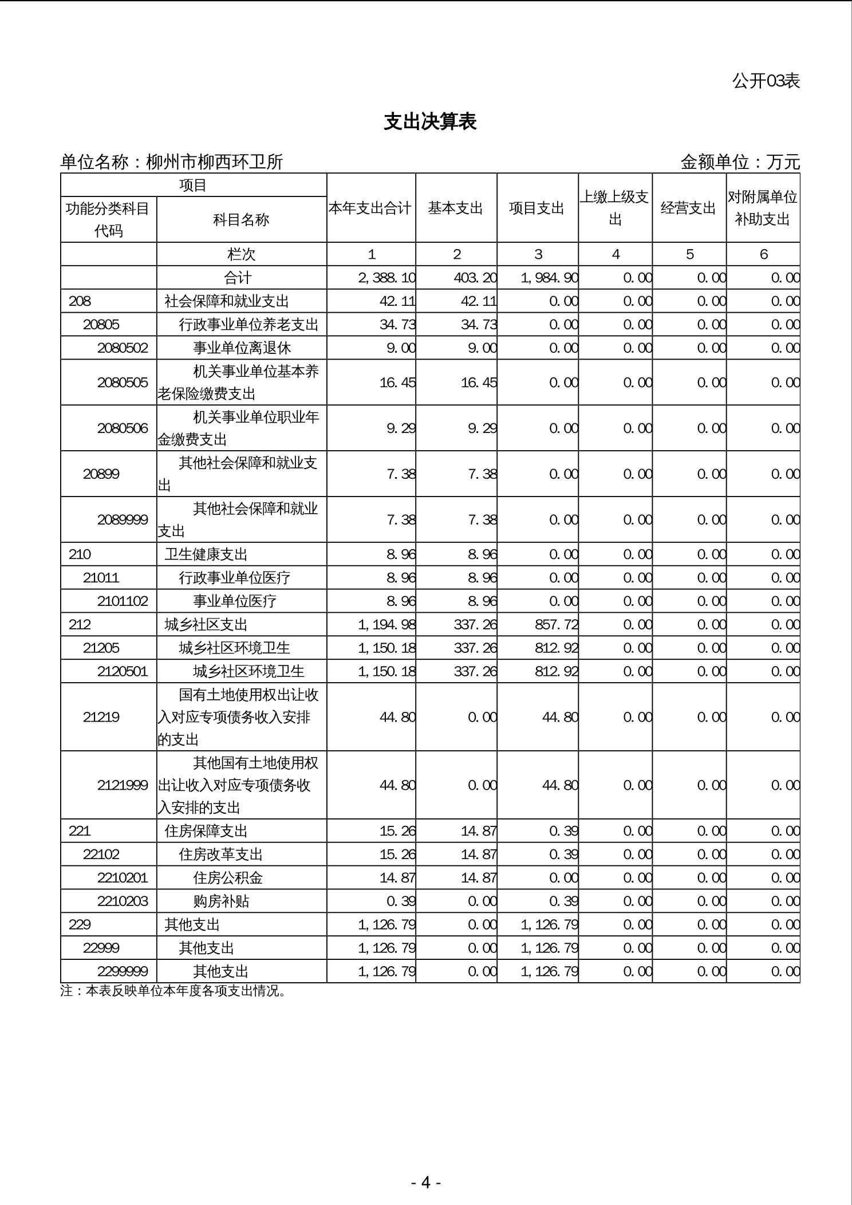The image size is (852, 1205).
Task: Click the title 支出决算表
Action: [430, 121]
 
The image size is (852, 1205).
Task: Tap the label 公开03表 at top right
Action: [766, 81]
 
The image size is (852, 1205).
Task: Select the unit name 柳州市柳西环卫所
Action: [215, 162]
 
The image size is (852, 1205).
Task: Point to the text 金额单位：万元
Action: [740, 162]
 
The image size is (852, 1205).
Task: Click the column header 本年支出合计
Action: [370, 208]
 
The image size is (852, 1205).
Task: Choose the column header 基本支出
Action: [456, 208]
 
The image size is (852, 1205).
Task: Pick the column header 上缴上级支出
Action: [615, 208]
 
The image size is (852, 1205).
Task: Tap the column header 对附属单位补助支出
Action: [763, 208]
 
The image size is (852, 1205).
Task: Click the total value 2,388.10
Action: [386, 278]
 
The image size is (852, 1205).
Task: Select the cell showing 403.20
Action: [475, 278]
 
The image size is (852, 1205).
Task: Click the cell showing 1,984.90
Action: [549, 278]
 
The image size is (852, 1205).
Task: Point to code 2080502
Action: [123, 348]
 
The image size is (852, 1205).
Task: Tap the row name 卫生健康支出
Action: [206, 554]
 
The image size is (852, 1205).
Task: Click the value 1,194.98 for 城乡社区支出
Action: [386, 624]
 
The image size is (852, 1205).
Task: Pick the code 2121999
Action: [123, 785]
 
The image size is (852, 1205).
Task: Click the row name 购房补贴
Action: [221, 901]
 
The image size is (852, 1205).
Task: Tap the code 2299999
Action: [123, 971]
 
